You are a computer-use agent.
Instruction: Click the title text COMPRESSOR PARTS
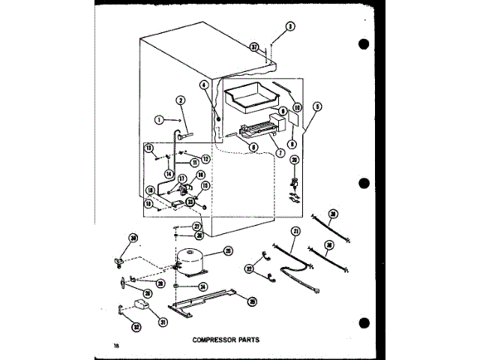225,339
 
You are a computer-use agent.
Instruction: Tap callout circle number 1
159,119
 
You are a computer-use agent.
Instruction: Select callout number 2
181,100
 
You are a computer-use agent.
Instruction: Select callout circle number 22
249,268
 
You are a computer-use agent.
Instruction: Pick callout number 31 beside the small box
162,323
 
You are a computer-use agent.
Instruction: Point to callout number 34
203,286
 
